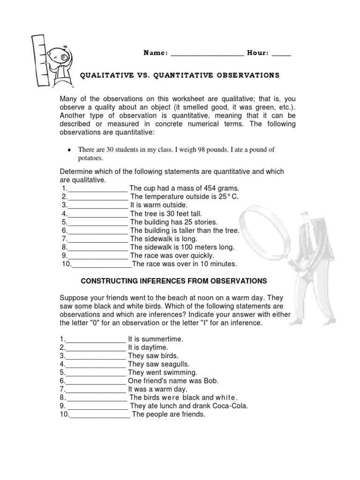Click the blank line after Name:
click(207, 54)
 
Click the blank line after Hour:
click(281, 54)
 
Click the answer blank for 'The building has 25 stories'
click(97, 222)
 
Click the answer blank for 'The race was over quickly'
click(97, 256)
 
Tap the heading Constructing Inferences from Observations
click(174, 281)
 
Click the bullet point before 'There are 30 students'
click(69, 150)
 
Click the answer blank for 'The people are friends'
click(99, 414)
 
